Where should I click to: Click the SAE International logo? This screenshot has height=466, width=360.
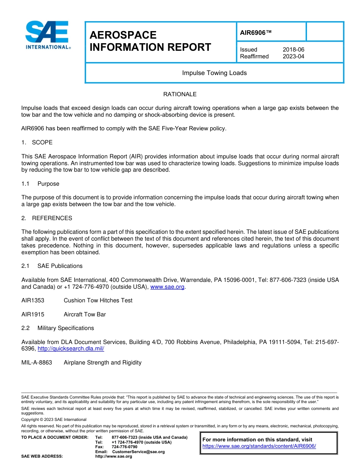point(47,35)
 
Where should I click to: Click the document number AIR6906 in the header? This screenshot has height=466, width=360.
point(256,33)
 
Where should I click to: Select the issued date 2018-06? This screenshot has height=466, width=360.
point(293,50)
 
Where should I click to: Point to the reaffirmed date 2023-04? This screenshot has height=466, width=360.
point(293,56)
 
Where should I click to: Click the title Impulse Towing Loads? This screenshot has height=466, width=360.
point(214,73)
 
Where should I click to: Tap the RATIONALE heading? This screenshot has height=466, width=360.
point(180,94)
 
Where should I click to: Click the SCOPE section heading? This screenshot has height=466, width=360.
point(42,142)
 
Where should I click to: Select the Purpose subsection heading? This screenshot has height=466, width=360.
point(48,184)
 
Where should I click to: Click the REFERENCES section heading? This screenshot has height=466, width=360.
point(52,218)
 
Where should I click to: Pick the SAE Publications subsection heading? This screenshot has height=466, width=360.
point(59,266)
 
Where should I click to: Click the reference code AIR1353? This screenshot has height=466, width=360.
point(33,300)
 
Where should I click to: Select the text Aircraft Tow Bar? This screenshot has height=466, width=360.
point(85,314)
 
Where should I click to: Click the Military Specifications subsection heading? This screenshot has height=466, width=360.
point(65,328)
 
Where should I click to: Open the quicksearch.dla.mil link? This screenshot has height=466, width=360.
point(71,349)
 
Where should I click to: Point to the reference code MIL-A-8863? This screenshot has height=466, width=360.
point(36,363)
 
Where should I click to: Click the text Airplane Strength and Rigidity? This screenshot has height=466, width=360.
point(102,363)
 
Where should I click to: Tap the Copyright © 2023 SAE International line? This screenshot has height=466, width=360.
point(54,419)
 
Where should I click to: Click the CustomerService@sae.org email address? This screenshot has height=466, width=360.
point(138,452)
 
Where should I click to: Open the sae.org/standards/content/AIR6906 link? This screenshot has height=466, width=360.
point(259,446)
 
